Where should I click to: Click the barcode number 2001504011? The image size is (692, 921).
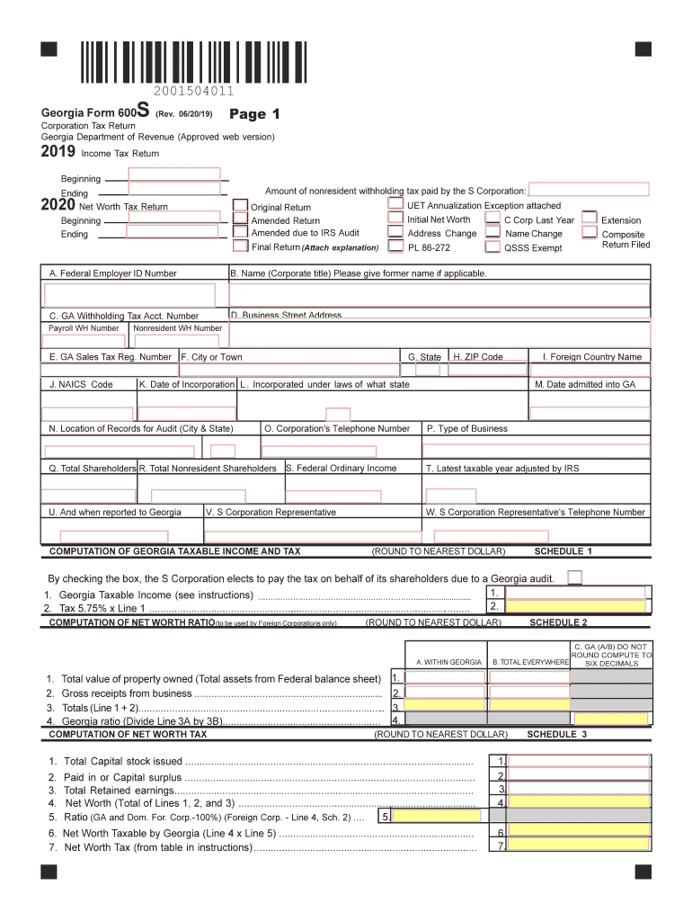[193, 92]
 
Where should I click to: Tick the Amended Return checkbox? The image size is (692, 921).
[241, 219]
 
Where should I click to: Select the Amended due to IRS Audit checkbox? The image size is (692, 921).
[241, 232]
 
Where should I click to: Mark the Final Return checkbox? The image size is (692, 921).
[241, 246]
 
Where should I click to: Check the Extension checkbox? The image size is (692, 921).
[590, 219]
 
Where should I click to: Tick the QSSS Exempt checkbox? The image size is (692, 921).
[492, 246]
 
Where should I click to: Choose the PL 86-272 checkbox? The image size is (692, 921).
[395, 246]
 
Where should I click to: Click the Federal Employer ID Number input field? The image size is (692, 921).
[129, 295]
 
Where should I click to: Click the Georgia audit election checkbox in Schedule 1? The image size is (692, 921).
[575, 577]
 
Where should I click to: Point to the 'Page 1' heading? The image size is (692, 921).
[255, 114]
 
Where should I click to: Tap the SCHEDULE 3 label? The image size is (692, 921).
[556, 734]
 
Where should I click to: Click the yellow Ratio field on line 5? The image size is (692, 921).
[435, 818]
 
